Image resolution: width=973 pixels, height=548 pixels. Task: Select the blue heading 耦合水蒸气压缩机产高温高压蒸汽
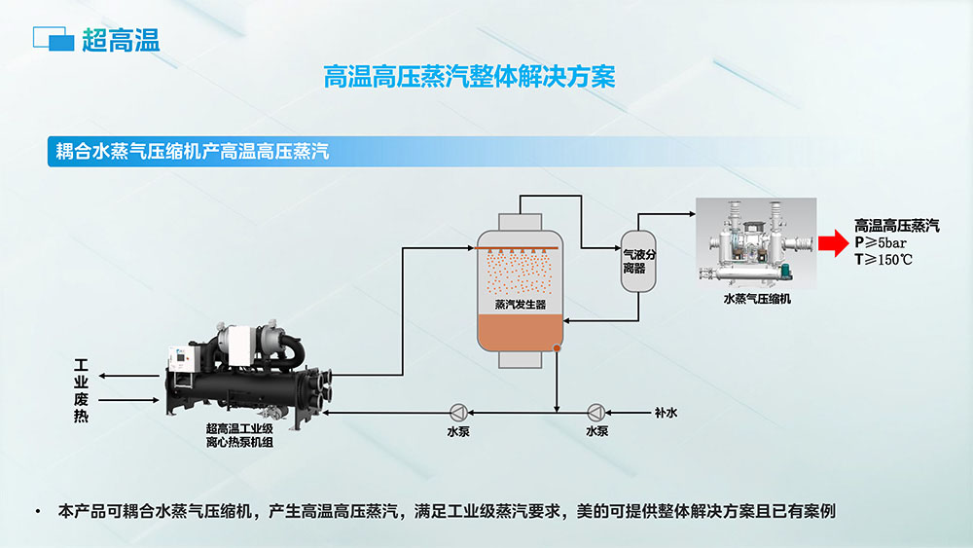point(193,152)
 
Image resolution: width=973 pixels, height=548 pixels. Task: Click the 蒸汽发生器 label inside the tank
point(520,304)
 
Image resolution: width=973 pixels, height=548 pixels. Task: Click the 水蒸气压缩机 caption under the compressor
point(756,300)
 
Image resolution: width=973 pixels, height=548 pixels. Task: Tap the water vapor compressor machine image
point(755,243)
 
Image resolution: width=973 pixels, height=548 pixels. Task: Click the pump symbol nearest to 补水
point(596,412)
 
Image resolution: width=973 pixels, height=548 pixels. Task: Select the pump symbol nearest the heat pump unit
point(457,412)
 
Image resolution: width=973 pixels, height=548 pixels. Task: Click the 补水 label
point(666,413)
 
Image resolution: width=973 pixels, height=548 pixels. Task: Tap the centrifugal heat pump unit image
point(248,370)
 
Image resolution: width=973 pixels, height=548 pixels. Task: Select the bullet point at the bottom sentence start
point(37,511)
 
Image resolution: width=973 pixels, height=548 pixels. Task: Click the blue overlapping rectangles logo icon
point(54,40)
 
